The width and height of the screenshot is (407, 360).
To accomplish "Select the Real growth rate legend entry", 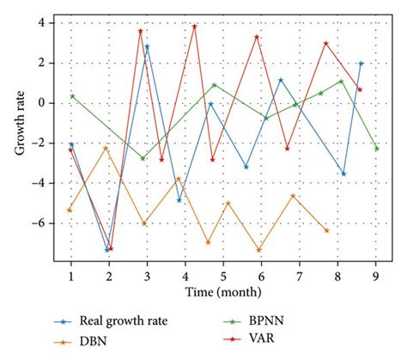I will pos(129,321).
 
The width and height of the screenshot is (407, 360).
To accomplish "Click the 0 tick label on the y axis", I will pos(39,103).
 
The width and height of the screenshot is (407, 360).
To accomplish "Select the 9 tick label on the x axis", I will pos(376,274).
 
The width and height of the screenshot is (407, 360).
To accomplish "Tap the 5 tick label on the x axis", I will pos(223,274).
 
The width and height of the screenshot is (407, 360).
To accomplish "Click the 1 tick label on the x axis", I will pos(70,274).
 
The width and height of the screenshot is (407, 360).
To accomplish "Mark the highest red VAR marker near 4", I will pos(195,26).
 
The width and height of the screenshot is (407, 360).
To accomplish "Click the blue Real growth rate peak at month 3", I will pos(148,47).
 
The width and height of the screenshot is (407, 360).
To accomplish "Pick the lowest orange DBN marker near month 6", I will pos(258,250).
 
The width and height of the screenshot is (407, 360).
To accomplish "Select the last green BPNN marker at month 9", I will pos(376,149).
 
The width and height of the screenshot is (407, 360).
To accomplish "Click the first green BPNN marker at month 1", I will pos(72,96).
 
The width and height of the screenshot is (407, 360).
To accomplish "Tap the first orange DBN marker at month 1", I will pos(70,210).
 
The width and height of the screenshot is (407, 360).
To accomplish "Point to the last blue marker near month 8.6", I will pos(361,64).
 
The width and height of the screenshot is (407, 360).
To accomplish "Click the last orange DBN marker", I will pos(326,230).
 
